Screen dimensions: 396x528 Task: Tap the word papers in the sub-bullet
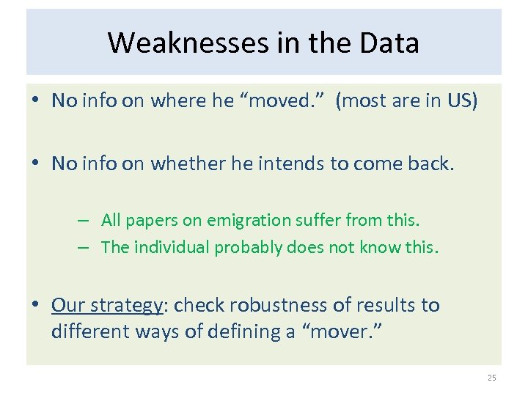(x=147, y=220)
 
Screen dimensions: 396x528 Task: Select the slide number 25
(x=491, y=378)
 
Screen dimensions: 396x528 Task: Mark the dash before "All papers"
(x=85, y=220)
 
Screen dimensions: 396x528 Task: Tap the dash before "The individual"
(x=85, y=247)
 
